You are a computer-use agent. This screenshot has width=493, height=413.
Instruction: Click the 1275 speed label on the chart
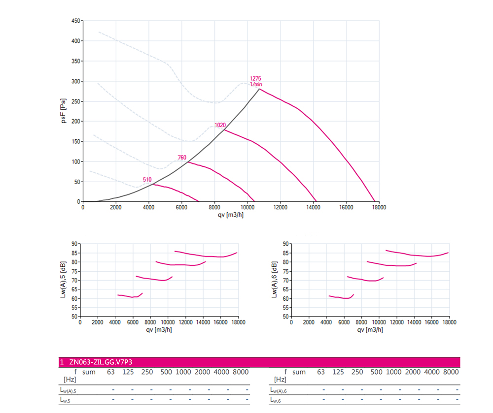[x=255, y=79]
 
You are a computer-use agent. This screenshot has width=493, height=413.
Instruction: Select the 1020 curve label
[x=220, y=125]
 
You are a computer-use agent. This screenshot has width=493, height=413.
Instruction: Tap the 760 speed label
[x=182, y=158]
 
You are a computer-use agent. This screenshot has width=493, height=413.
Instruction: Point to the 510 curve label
[x=147, y=180]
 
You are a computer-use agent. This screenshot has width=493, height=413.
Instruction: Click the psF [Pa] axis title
[x=64, y=111]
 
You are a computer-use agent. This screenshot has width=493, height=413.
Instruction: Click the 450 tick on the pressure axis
[x=75, y=21]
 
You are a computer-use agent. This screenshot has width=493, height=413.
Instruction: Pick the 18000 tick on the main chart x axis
[x=379, y=208]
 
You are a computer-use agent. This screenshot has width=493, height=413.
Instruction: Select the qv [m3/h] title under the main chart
[x=230, y=215]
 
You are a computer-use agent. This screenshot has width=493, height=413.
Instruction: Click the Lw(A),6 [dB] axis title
[x=274, y=280]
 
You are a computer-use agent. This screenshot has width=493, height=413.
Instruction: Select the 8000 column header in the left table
[x=240, y=372]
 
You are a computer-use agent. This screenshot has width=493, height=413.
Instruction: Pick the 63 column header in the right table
[x=321, y=372]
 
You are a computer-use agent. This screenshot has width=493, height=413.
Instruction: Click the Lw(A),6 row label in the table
[x=279, y=390]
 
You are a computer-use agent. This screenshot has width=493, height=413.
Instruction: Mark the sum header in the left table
[x=89, y=372]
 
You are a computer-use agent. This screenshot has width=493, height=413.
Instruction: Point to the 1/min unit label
[x=255, y=85]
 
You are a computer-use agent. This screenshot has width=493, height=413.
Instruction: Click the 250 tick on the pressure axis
[x=75, y=101]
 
